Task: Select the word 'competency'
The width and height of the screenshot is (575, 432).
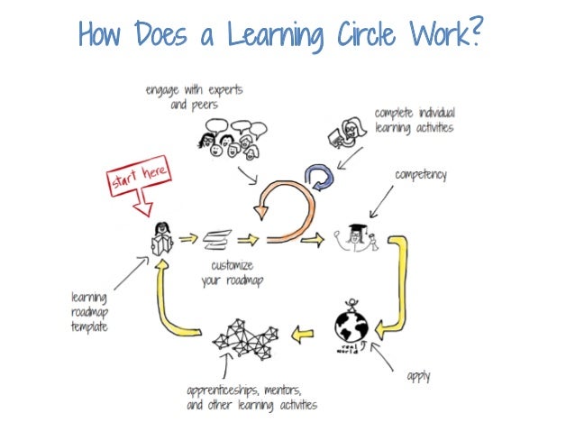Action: coord(419,174)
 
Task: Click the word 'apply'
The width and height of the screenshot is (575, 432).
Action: coord(419,374)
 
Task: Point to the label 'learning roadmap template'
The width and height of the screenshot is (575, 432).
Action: coord(89,311)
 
